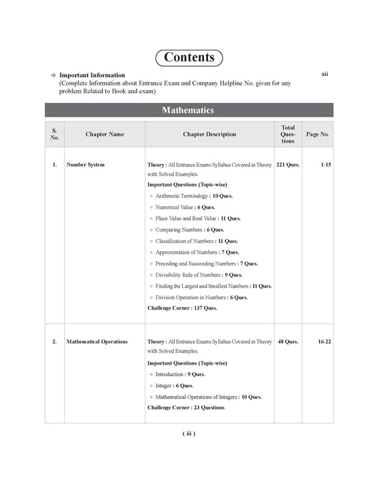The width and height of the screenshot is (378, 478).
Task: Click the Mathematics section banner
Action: tap(188, 110)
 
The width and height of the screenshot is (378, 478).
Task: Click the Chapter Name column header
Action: tap(104, 135)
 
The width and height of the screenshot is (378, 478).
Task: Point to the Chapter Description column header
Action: tap(209, 135)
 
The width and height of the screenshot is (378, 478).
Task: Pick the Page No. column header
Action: tap(318, 135)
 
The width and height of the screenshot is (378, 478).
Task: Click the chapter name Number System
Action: tap(85, 165)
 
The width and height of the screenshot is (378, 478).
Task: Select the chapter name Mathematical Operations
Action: tap(97, 341)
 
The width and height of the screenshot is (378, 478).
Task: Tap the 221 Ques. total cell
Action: tap(288, 165)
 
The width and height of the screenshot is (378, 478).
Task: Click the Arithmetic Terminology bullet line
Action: tap(194, 196)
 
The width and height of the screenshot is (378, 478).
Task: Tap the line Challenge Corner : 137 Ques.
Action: tap(182, 308)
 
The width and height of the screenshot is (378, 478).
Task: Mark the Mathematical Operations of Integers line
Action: tap(208, 397)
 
